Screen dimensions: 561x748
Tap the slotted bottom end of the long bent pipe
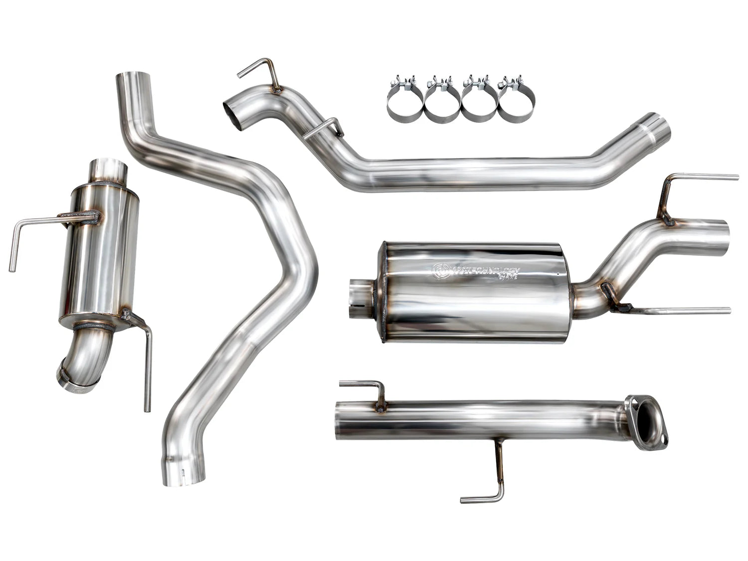pyautogui.click(x=185, y=474)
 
